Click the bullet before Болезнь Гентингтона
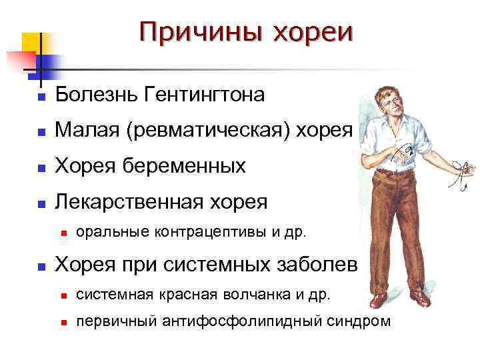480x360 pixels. click(x=41, y=97)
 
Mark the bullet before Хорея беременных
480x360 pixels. click(x=41, y=167)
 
